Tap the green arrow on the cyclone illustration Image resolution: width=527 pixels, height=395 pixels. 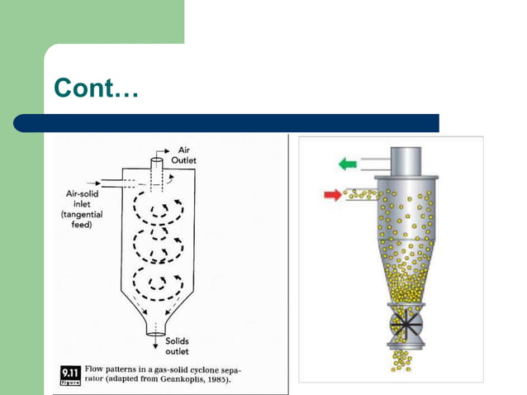(x=348, y=164)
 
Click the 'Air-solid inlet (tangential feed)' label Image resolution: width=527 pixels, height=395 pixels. (x=81, y=207)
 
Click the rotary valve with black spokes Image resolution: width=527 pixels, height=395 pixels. (x=403, y=321)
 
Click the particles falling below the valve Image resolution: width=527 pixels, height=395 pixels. (x=403, y=359)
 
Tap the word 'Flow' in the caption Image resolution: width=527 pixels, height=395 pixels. (x=97, y=369)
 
